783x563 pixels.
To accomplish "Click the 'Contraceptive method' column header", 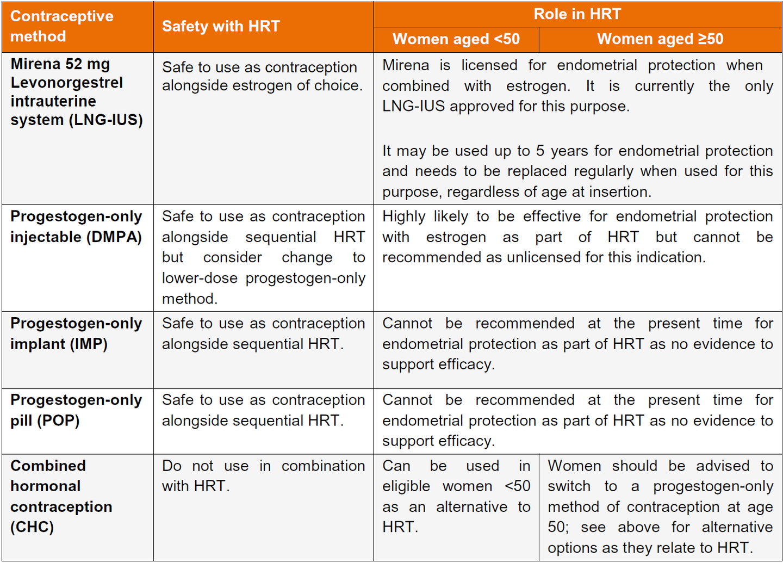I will point(62,26).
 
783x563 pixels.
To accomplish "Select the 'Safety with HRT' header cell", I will point(221,26).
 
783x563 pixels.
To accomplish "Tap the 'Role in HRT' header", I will point(577,14).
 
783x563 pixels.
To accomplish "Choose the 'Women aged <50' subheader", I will point(456,39).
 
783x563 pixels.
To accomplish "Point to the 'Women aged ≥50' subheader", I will point(660,39).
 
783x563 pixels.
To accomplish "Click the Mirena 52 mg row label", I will point(76,92).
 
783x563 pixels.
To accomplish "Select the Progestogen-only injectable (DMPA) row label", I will point(76,227).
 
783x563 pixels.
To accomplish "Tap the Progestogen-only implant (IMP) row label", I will point(76,333).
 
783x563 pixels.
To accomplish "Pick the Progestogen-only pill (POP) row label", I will point(76,410).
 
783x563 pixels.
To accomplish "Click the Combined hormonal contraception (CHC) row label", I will point(61,496).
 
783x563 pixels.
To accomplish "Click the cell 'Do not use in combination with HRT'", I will point(263,476).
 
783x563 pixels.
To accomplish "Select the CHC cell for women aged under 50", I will point(456,496).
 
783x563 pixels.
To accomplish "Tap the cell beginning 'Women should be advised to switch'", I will point(660,506).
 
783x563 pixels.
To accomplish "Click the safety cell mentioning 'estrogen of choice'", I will point(263,76).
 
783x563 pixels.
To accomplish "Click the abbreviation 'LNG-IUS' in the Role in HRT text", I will point(413,106).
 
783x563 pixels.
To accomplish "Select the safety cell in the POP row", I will point(263,410).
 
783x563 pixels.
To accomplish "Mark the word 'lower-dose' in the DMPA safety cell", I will point(200,278).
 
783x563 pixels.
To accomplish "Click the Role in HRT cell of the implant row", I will point(577,344).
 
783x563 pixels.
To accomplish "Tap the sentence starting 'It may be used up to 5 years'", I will point(577,171).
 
